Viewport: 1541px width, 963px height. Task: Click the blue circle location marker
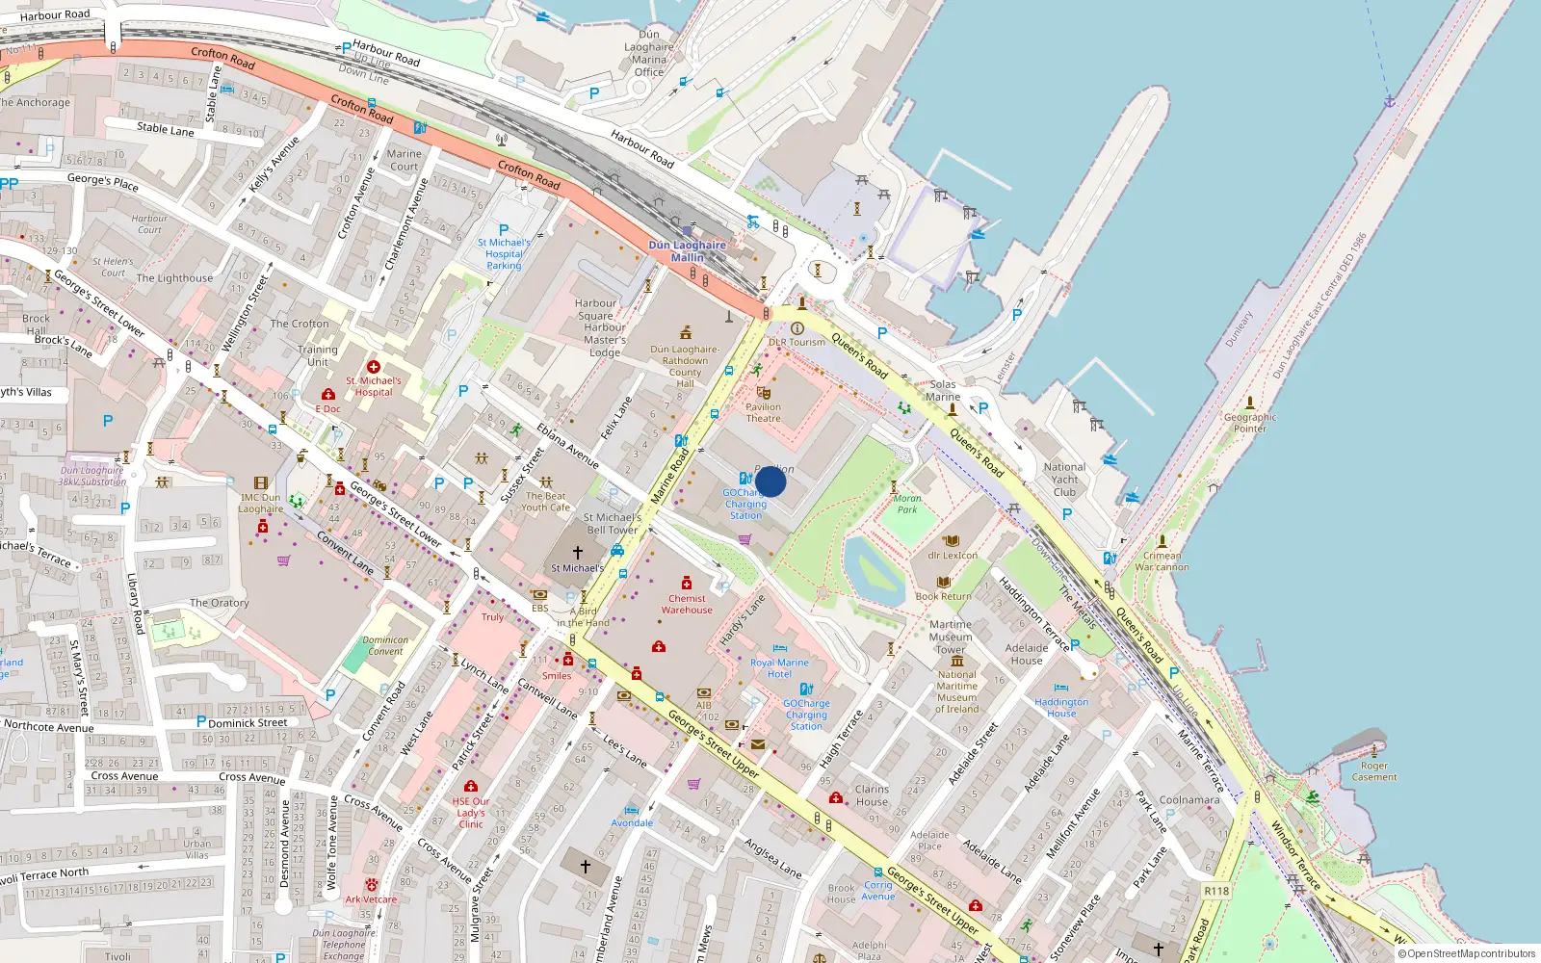pos(770,481)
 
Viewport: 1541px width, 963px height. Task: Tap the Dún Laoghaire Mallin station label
pos(687,251)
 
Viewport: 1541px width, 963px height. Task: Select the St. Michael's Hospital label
pos(374,386)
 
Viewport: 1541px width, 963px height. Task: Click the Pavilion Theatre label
pos(763,412)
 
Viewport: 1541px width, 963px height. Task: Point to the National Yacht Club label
pos(1064,480)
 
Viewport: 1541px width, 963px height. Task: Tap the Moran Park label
pos(907,504)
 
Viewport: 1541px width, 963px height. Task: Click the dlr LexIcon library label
pos(952,556)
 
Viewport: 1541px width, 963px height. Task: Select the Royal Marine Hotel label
pos(779,668)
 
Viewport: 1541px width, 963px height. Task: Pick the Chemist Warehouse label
pos(687,604)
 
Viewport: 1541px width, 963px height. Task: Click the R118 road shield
pos(1216,891)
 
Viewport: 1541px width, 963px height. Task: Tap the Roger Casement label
pos(1374,771)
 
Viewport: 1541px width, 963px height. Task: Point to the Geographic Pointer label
pos(1249,423)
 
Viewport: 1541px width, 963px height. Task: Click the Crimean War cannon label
pos(1162,561)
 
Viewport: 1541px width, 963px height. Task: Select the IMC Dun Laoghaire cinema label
pos(261,503)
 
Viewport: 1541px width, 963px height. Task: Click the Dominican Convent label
pos(385,645)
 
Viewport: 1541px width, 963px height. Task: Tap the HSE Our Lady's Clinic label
pos(471,813)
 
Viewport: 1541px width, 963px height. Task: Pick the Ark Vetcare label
pos(371,899)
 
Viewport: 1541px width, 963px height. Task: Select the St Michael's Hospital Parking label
pos(504,254)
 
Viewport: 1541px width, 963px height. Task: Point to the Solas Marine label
pos(942,390)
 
